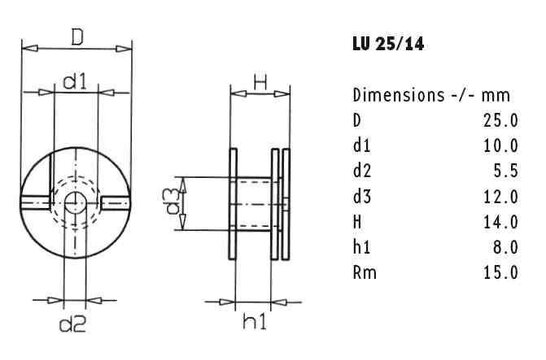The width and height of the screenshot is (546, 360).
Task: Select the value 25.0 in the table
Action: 500,121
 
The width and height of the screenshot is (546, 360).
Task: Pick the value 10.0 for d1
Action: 500,146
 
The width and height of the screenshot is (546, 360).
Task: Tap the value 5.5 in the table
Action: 504,171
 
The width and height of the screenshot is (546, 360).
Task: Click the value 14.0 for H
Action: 500,221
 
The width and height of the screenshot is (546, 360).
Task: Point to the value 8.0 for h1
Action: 504,246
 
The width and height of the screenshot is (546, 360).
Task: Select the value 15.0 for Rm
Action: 500,271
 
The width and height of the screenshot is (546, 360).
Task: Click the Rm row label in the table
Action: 363,271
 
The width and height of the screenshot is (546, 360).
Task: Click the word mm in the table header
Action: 497,96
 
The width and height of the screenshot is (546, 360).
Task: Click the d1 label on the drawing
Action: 76,82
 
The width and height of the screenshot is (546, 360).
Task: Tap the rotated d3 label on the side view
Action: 173,203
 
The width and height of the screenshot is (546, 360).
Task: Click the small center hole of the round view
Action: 76,203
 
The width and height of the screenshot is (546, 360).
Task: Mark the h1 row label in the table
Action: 361,246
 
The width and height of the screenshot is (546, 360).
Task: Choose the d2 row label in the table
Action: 362,171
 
